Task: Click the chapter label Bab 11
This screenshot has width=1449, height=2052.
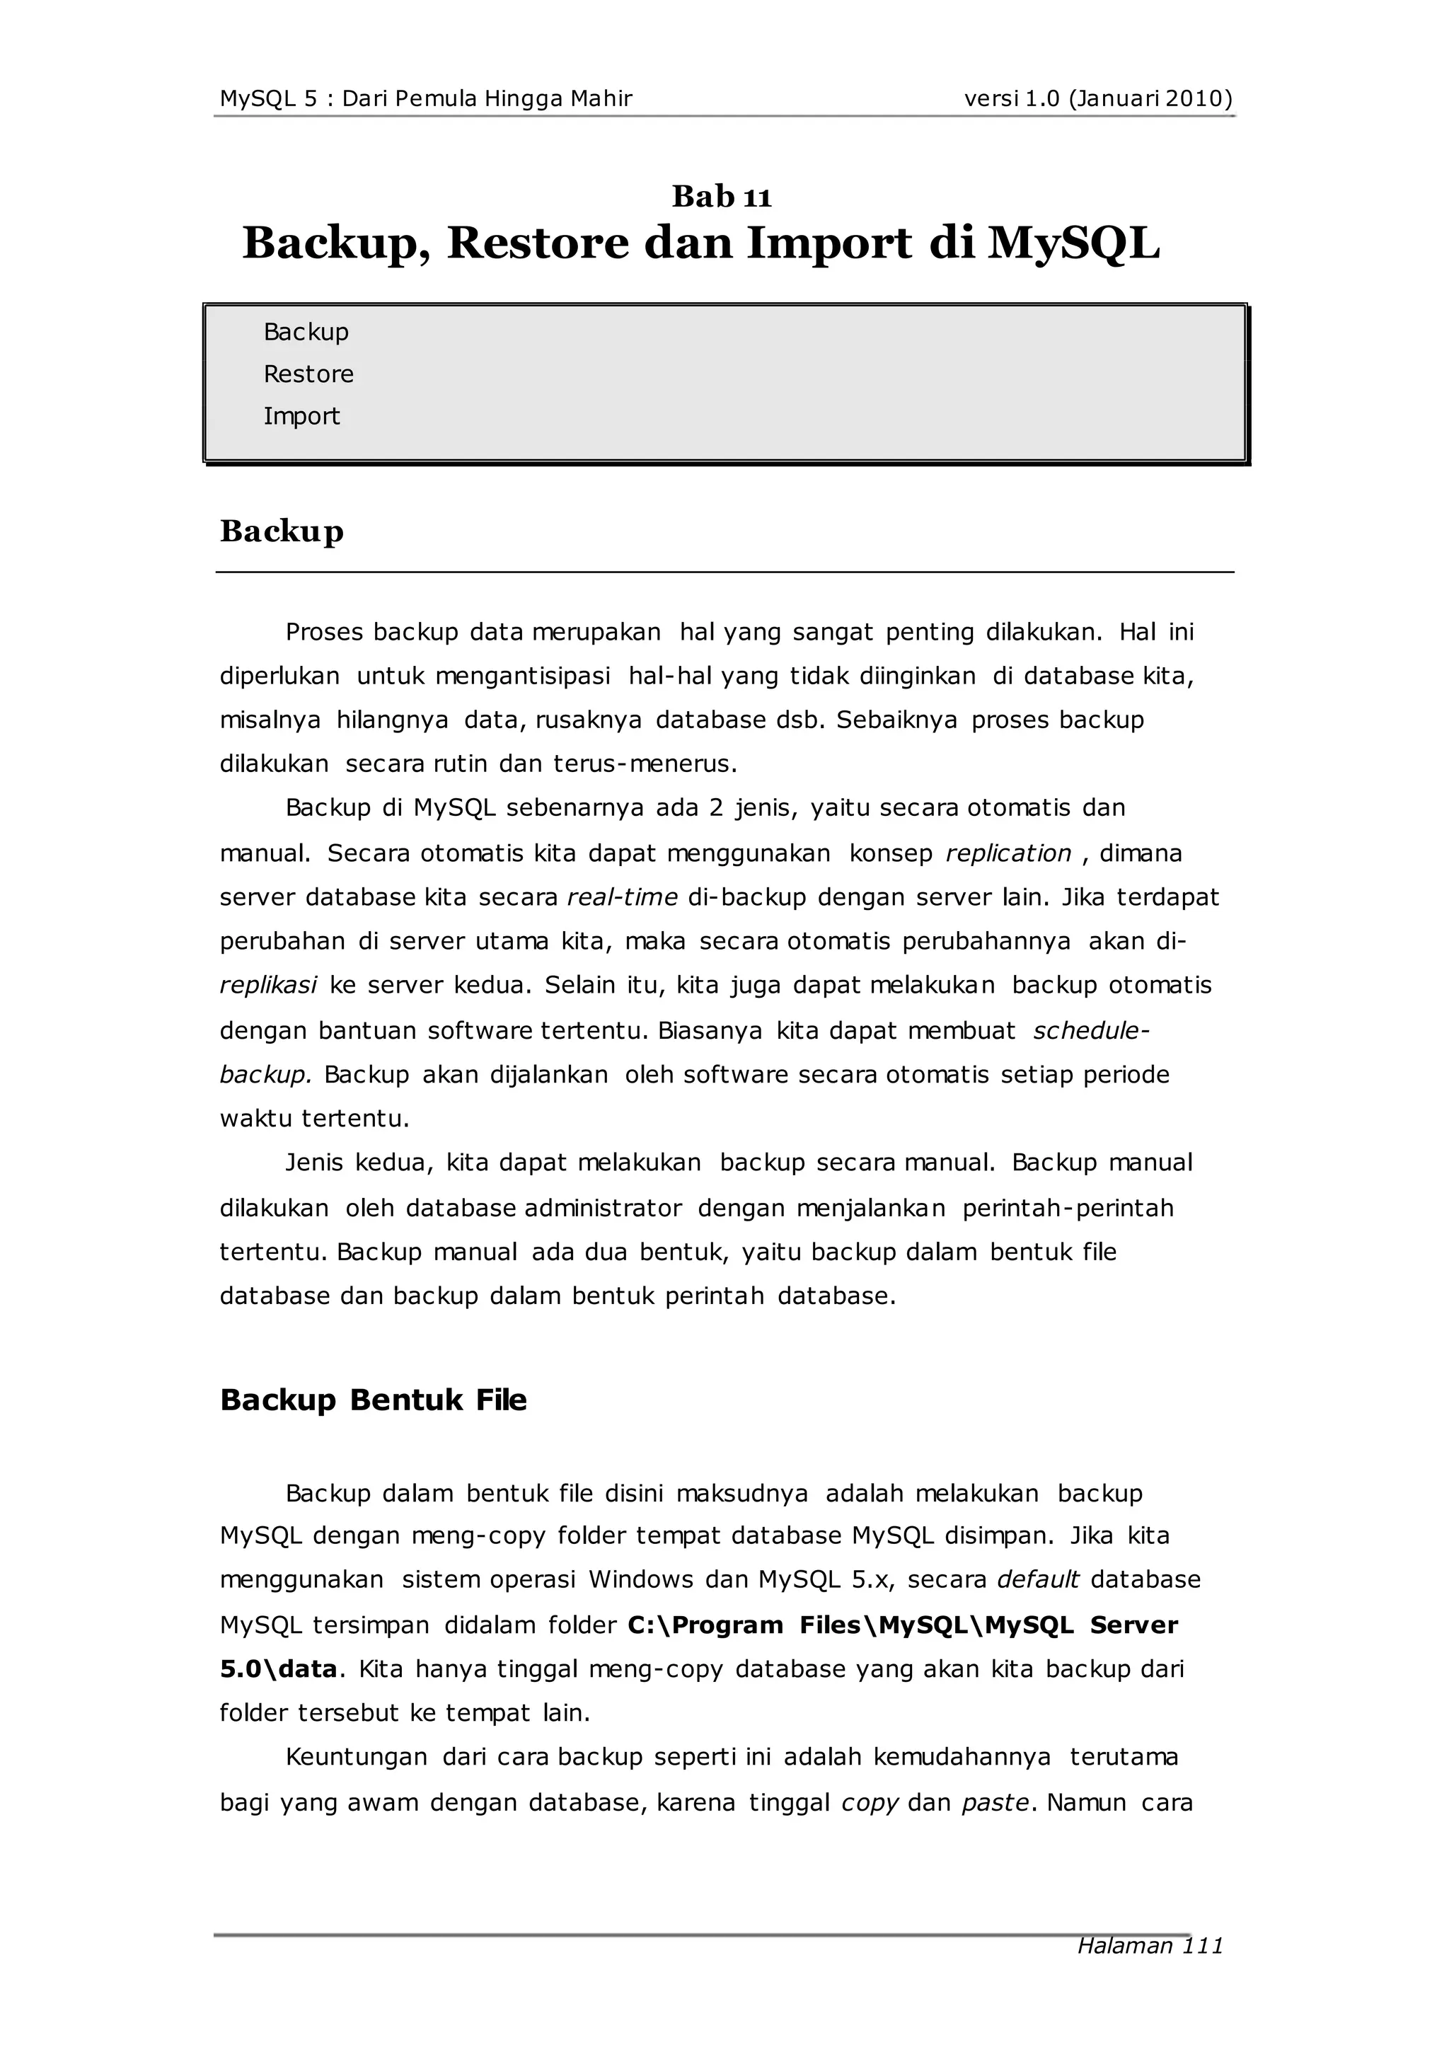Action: click(722, 197)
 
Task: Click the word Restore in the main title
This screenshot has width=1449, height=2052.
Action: click(538, 243)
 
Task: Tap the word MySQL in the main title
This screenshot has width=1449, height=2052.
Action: click(1073, 243)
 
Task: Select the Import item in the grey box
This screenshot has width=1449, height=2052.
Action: click(301, 417)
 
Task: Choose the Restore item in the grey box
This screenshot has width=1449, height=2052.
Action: click(308, 374)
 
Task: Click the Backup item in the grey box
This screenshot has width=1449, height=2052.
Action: click(306, 333)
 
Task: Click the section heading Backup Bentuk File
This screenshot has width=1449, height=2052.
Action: click(373, 1400)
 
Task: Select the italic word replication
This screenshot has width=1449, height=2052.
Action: click(1008, 853)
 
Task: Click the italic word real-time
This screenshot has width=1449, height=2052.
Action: click(622, 897)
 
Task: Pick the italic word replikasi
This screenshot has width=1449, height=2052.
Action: click(268, 986)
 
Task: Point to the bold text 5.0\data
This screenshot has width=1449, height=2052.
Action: click(278, 1669)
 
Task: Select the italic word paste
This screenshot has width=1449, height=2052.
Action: click(995, 1803)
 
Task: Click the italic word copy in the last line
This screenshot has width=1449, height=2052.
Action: click(869, 1803)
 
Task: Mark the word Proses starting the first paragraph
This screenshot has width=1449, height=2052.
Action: click(323, 633)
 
